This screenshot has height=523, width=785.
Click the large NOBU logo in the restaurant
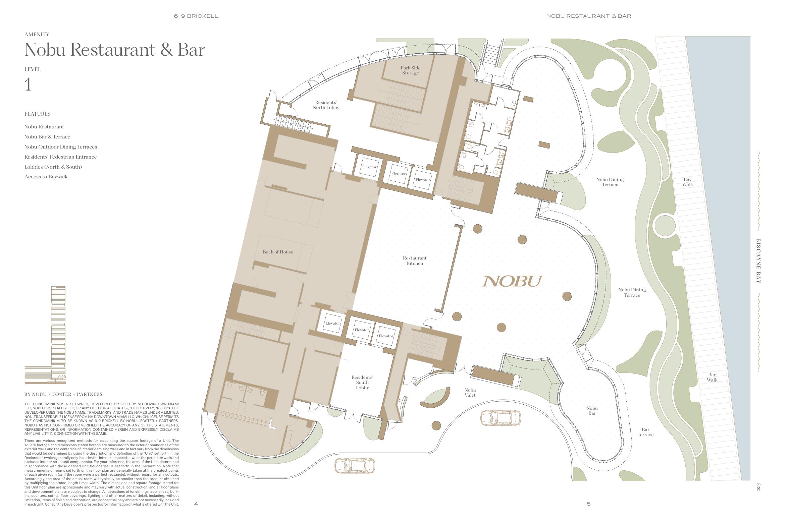click(x=512, y=281)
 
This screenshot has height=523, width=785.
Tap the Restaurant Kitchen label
click(x=415, y=261)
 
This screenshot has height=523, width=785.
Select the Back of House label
click(x=278, y=252)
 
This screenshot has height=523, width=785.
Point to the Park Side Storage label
click(x=410, y=70)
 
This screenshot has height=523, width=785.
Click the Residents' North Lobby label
click(x=326, y=105)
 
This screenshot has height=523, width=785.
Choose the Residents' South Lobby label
click(x=362, y=383)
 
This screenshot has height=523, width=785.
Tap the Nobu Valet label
click(x=470, y=393)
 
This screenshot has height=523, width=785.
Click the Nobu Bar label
click(x=592, y=411)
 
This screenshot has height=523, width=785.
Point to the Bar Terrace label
click(x=645, y=432)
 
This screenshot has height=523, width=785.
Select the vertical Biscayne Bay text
click(x=758, y=261)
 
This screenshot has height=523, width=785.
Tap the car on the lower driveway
click(x=355, y=465)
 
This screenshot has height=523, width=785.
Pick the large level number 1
click(x=28, y=84)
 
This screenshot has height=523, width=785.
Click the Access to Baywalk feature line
click(x=46, y=177)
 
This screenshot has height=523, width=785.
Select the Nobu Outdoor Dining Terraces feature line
click(x=61, y=147)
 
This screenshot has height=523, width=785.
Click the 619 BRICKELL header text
click(x=196, y=16)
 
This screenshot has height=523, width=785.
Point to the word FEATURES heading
click(x=38, y=114)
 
